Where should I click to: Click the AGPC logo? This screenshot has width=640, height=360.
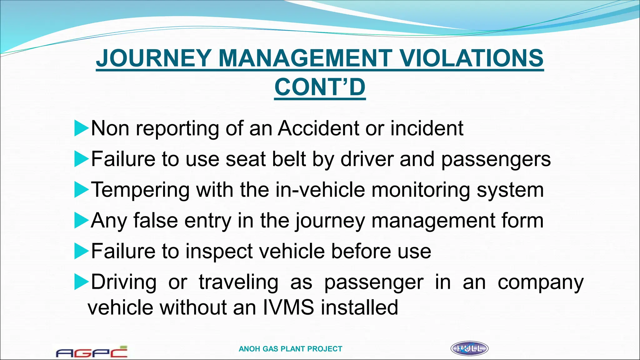(x=92, y=352)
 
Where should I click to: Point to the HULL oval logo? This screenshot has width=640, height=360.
(x=469, y=348)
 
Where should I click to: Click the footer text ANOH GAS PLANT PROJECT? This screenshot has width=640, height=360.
(x=290, y=349)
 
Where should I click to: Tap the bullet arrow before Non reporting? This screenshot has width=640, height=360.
(x=81, y=129)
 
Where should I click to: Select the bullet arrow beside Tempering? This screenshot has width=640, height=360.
(x=81, y=190)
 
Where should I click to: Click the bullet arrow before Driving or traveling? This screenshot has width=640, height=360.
(x=81, y=282)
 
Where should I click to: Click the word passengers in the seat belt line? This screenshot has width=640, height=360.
(x=496, y=159)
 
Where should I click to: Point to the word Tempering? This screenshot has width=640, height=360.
(x=140, y=190)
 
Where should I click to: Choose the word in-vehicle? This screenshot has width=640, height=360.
(x=320, y=189)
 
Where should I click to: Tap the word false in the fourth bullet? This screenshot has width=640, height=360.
(x=155, y=220)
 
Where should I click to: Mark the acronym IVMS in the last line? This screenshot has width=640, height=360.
(x=288, y=307)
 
